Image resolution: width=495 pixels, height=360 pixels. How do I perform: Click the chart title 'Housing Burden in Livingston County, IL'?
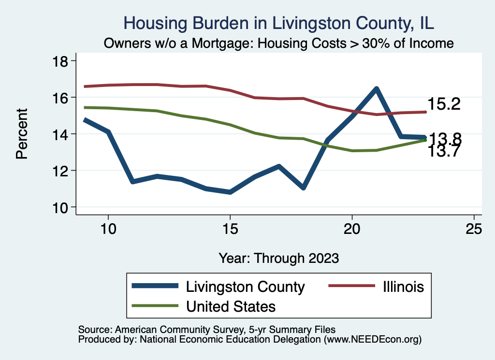point(279,23)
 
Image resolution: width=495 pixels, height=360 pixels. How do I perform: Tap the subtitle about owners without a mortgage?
point(279,43)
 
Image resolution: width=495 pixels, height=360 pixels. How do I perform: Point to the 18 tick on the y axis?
point(62,61)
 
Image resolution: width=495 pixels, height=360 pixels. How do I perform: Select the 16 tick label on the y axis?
point(62,98)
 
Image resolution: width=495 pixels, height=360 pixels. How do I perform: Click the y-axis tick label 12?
point(62,171)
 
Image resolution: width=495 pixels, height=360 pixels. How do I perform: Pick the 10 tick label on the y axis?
point(62,207)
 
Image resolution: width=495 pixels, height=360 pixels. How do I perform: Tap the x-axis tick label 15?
point(230,229)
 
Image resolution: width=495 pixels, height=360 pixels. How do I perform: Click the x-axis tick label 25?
point(474,229)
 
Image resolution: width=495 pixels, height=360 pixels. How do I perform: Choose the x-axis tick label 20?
point(352,229)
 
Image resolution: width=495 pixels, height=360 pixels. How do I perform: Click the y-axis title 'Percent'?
point(21,134)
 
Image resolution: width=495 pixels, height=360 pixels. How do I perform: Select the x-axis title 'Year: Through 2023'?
point(279,258)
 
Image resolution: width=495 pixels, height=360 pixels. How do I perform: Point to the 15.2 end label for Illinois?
point(444,104)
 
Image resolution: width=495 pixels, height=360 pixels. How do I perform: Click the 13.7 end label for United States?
point(444,152)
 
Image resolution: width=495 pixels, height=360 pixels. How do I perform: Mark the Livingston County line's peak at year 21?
point(376,88)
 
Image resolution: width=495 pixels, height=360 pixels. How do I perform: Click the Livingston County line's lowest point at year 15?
point(230,192)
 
